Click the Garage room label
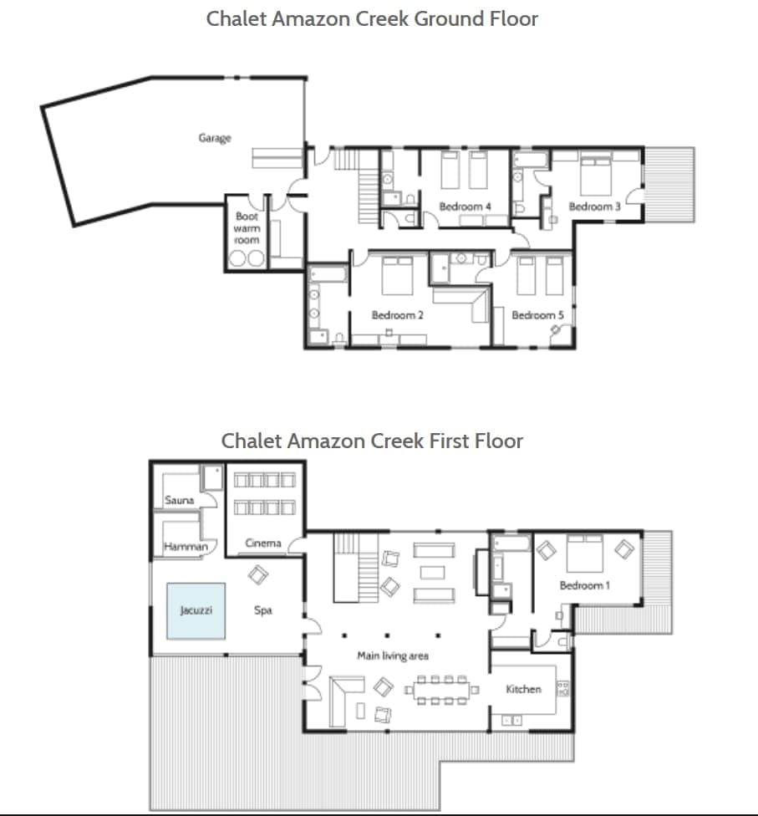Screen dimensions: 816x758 pos(215,138)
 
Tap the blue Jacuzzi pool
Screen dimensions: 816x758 pos(196,611)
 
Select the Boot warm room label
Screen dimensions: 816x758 pos(247,228)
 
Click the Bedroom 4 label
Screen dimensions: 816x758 pos(465,207)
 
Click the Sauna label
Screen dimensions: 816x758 pos(180,501)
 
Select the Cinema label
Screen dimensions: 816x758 pos(262,543)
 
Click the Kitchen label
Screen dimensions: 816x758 pos(523,689)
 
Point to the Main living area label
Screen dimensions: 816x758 pos(393,656)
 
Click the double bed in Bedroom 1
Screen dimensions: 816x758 pos(584,553)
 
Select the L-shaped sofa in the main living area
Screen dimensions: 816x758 pos(343,697)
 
